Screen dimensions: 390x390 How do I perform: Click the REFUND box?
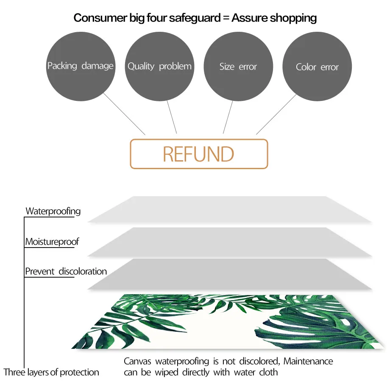[199, 154]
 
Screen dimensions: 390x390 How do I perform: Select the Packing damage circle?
[81, 67]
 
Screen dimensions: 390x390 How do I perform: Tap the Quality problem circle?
[159, 67]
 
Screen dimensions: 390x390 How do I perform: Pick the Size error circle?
[238, 67]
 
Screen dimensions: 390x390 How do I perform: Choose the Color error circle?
[317, 67]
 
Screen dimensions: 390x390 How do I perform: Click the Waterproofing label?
[53, 211]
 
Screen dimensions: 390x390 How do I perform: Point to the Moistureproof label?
[52, 242]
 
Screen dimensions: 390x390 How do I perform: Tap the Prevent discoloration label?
[66, 271]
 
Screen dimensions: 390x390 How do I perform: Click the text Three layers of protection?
[51, 372]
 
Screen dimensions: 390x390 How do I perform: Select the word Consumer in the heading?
[100, 18]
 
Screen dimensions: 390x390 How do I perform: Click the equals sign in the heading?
[226, 18]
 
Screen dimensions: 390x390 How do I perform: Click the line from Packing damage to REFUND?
[124, 114]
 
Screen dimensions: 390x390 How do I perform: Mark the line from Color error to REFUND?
[276, 114]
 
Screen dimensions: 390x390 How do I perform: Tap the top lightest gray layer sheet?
[230, 209]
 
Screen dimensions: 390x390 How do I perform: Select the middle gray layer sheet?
[230, 242]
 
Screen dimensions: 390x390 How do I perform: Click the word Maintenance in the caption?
[308, 361]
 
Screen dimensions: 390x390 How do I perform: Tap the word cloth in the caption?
[268, 372]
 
